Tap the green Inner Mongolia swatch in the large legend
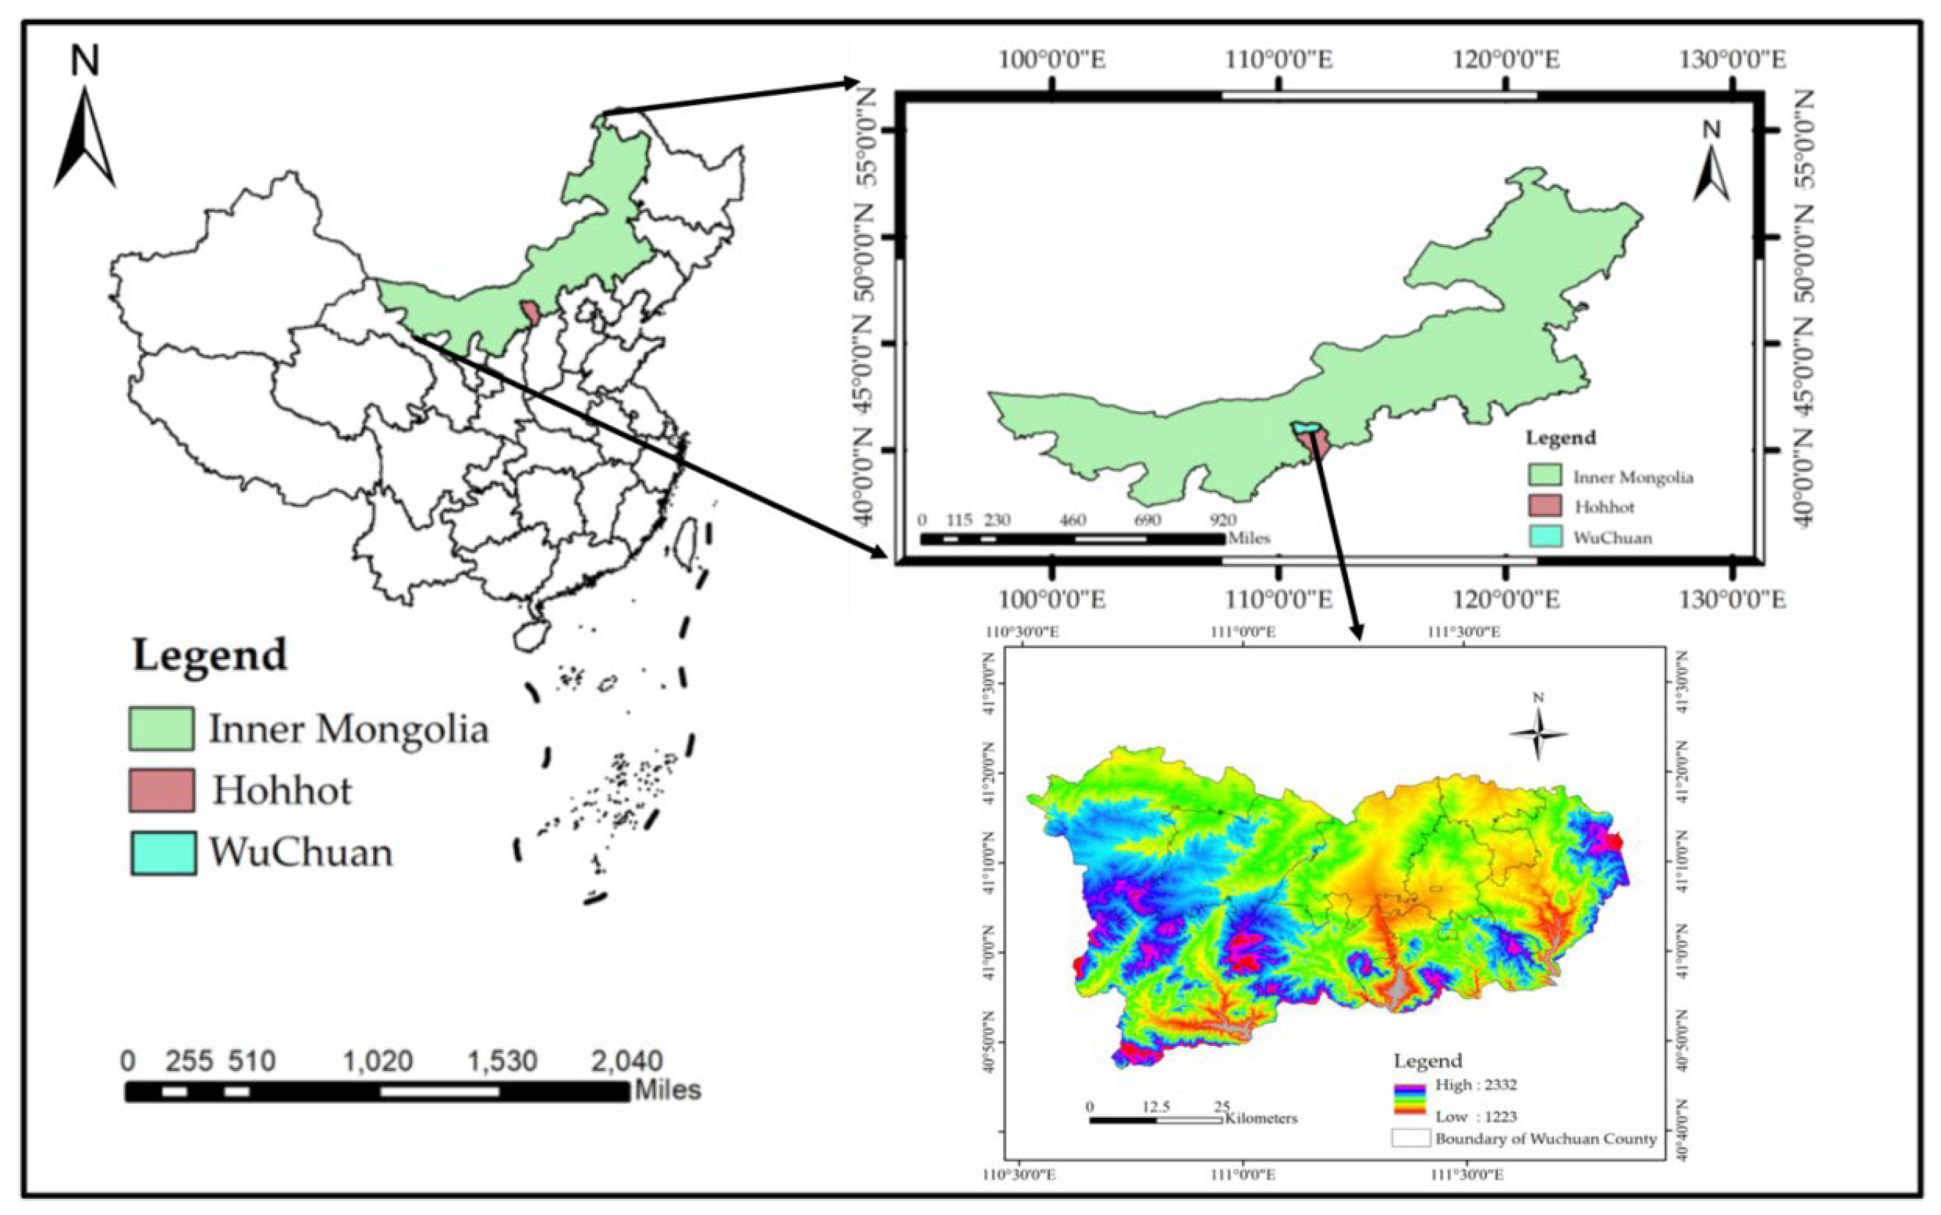pos(162,728)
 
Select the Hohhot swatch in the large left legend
pos(162,790)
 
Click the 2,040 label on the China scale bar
pos(627,1061)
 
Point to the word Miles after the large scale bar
pos(668,1091)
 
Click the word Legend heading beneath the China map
pos(210,655)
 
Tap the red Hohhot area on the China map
pos(530,312)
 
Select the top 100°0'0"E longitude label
pos(1052,60)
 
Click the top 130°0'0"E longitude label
pos(1732,60)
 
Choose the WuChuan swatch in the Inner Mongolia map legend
pos(1544,537)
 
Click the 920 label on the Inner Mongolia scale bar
pos(1218,520)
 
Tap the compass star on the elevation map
pos(1538,733)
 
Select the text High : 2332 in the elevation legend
pos(1476,1085)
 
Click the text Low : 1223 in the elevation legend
pos(1476,1116)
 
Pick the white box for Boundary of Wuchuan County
pos(1411,1139)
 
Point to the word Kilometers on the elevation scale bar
pos(1261,1118)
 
